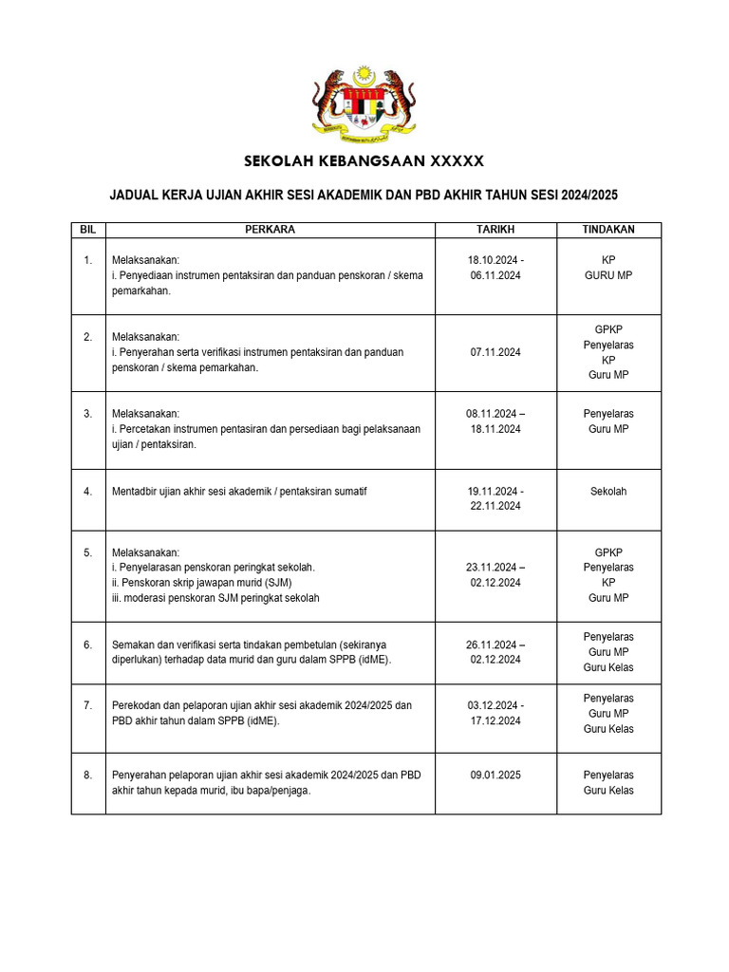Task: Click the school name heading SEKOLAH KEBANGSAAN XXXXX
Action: click(x=364, y=160)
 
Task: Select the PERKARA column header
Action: click(x=270, y=230)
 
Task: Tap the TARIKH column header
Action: click(x=495, y=230)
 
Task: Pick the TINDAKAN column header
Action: click(x=607, y=230)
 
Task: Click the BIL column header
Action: click(x=88, y=230)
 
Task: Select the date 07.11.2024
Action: click(x=495, y=352)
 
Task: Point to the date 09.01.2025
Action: click(x=495, y=775)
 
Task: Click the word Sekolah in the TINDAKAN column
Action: click(x=607, y=492)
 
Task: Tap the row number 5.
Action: click(x=88, y=551)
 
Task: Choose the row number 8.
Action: click(x=88, y=775)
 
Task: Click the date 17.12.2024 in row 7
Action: click(x=495, y=721)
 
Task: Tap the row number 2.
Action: click(x=88, y=337)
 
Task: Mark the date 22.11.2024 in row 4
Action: click(x=495, y=507)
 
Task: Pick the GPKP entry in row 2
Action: click(x=607, y=329)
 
